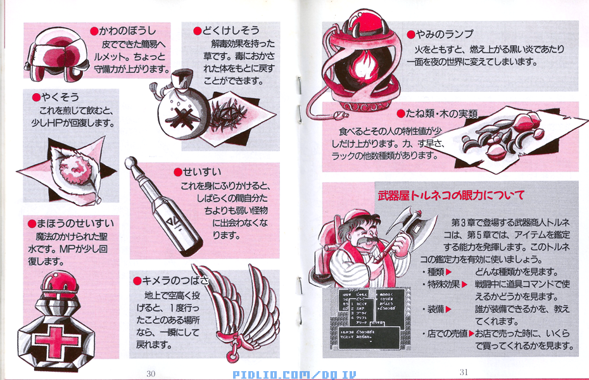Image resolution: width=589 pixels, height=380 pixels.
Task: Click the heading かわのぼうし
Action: (127, 30)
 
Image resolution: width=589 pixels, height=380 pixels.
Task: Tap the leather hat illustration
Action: (57, 57)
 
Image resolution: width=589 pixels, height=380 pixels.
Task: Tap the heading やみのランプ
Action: (443, 34)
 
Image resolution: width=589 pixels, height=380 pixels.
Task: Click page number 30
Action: (151, 373)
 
